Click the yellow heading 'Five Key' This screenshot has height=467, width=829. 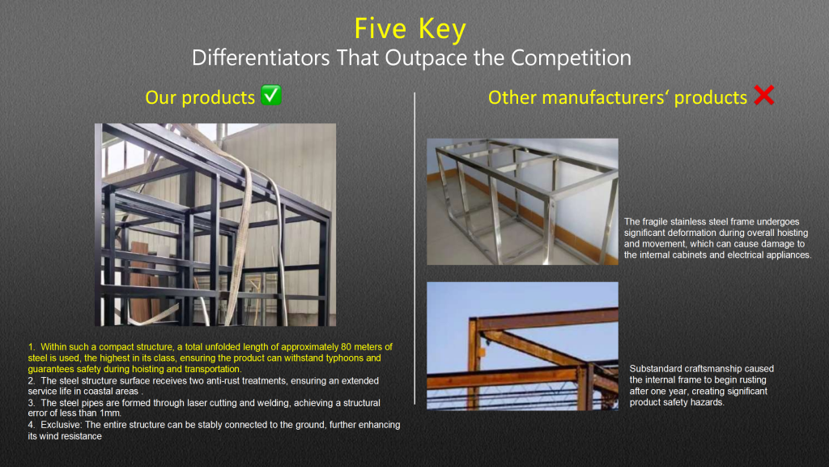(x=410, y=29)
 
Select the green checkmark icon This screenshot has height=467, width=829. (x=272, y=96)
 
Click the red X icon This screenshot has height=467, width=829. (x=763, y=96)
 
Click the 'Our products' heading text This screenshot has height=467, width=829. (x=200, y=97)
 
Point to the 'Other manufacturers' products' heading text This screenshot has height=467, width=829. (x=617, y=97)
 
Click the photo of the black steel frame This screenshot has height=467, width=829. (x=215, y=225)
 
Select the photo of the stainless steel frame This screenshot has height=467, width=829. (x=522, y=201)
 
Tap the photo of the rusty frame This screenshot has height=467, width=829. (x=522, y=345)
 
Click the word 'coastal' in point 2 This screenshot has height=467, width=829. (x=99, y=391)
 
